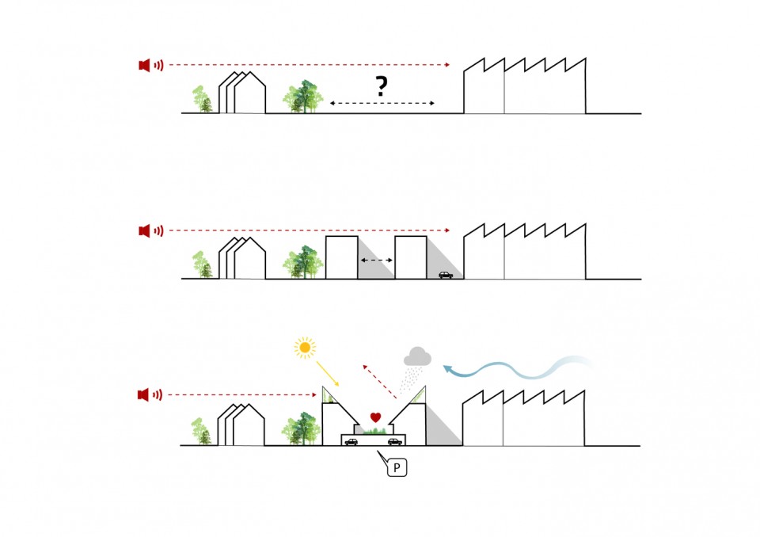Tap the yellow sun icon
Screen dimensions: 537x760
(x=304, y=347)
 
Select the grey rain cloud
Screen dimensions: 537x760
(x=417, y=357)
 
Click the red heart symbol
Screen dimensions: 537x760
(x=376, y=417)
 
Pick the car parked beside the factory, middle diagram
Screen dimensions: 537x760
(x=446, y=275)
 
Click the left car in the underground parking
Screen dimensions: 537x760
(x=351, y=441)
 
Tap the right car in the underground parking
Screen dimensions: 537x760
(x=394, y=441)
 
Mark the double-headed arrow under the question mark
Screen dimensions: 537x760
(x=382, y=104)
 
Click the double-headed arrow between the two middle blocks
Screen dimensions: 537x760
(x=377, y=260)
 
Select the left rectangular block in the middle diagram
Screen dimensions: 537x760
(x=342, y=257)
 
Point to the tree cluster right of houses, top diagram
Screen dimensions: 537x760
(x=306, y=97)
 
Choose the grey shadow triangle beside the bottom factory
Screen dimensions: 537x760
(x=442, y=428)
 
